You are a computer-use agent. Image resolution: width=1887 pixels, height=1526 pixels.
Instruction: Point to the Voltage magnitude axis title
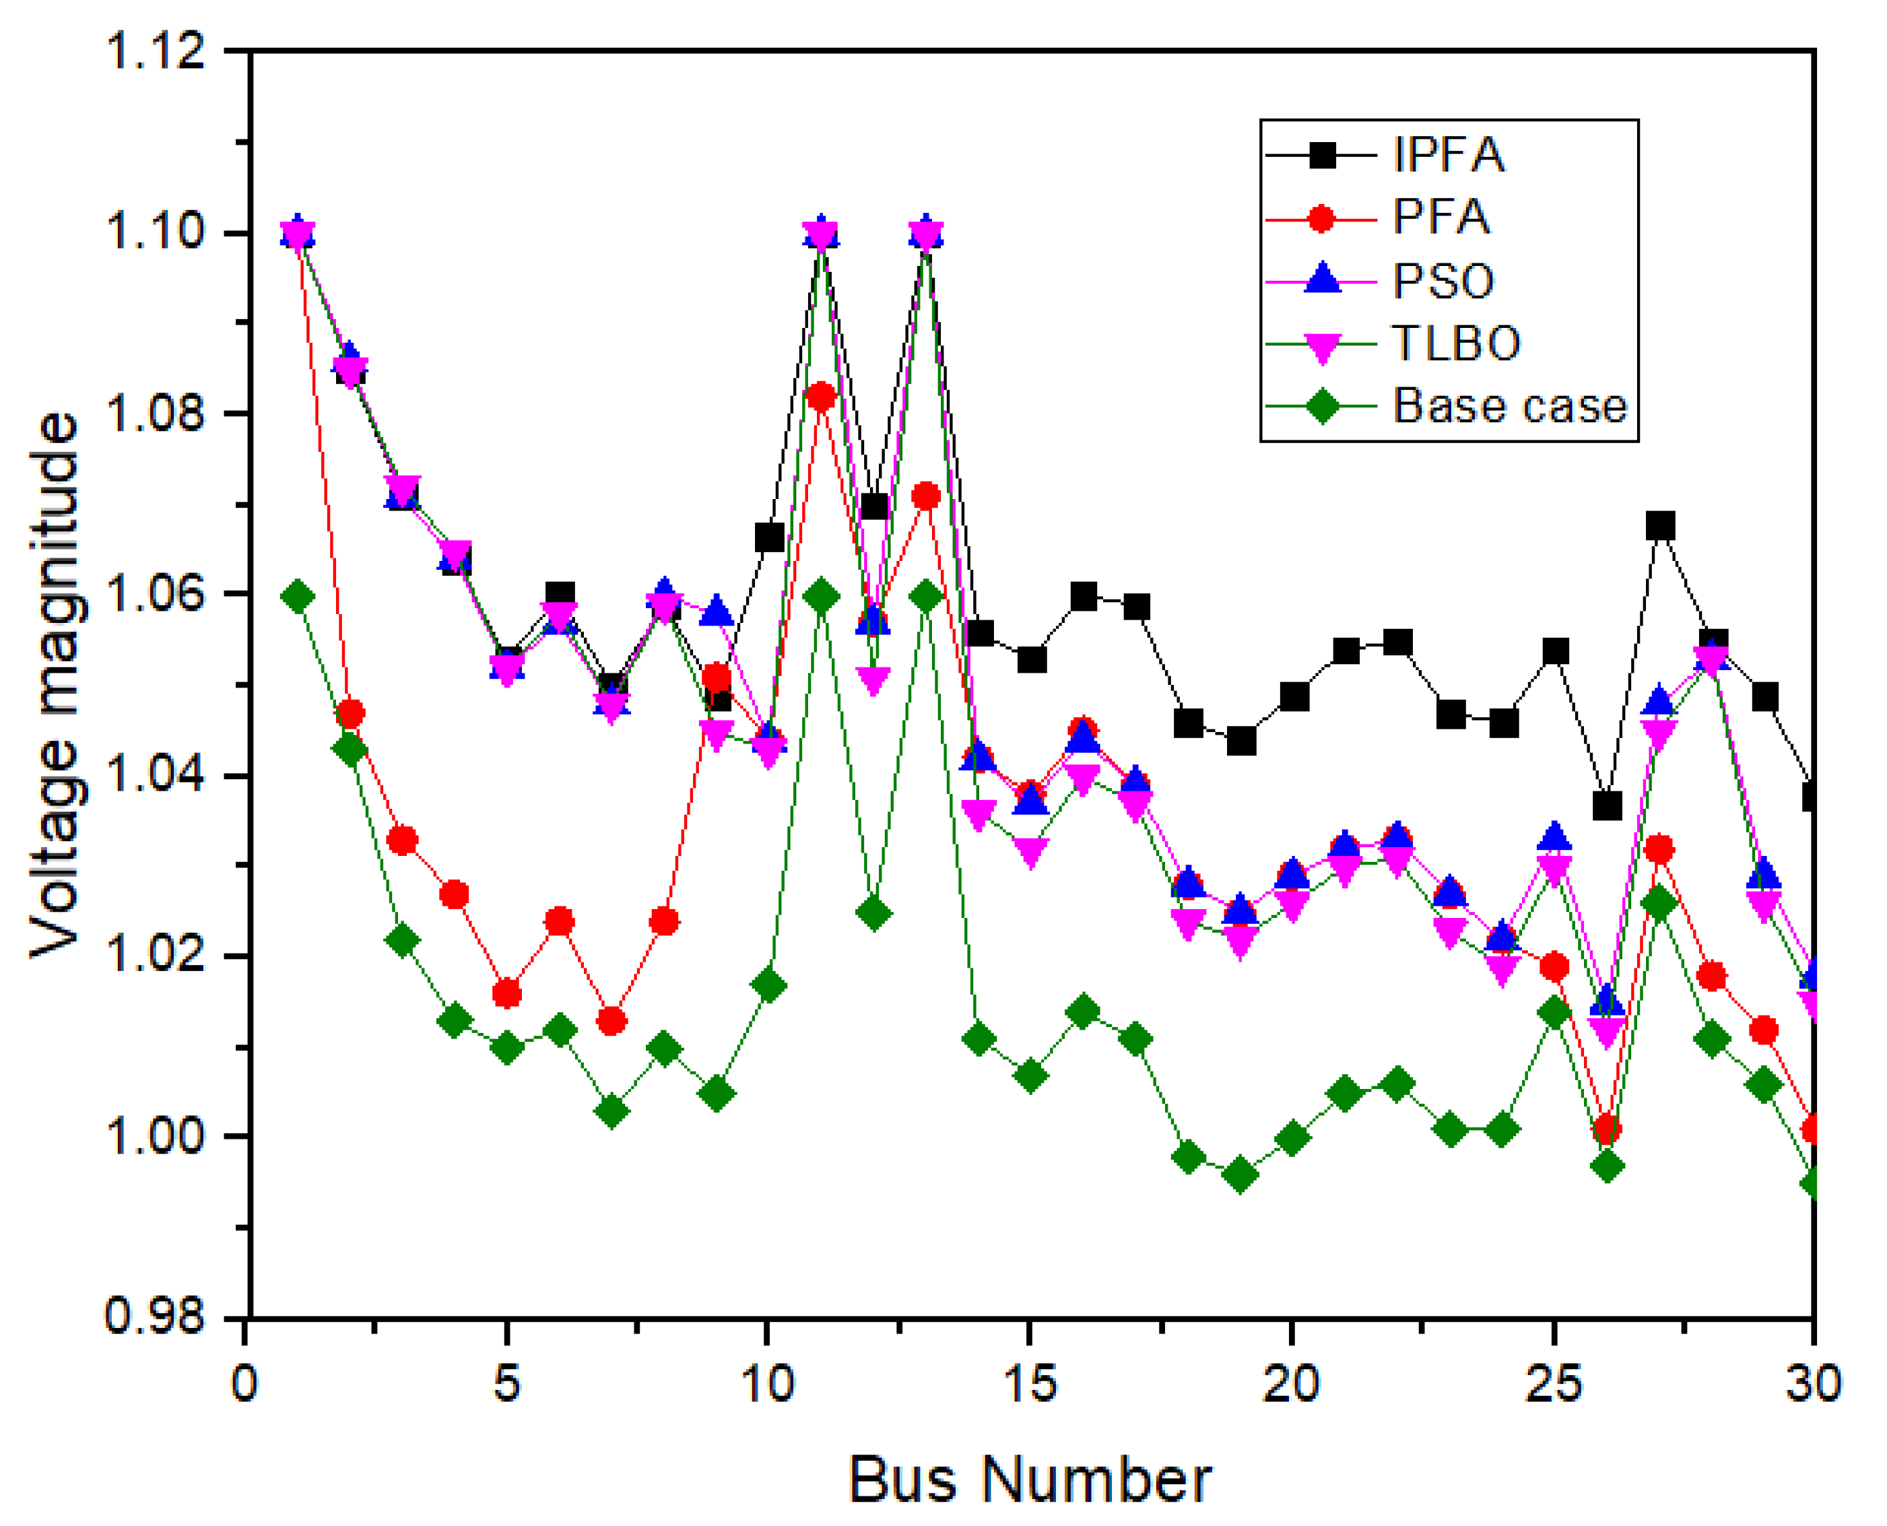[x=55, y=685]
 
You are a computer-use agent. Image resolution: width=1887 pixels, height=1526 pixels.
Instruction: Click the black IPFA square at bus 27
[x=1659, y=526]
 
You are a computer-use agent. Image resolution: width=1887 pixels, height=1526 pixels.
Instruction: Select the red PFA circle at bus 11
[x=821, y=397]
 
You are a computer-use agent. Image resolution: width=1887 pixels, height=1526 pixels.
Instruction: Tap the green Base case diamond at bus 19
[x=1240, y=1174]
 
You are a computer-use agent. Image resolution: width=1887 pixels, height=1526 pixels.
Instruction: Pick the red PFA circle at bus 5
[x=507, y=994]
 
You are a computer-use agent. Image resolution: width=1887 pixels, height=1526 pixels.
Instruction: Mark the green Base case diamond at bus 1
[x=298, y=597]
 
